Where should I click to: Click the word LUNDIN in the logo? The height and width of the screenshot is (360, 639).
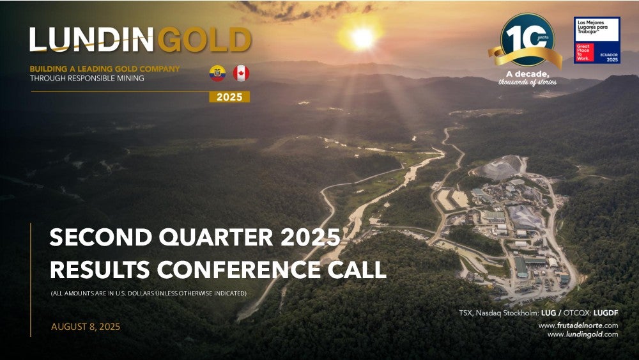pos(91,40)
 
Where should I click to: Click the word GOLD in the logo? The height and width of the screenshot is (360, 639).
pos(204,40)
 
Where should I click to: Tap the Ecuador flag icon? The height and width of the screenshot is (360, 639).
pos(218,74)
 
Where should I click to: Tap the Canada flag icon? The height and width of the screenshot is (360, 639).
pos(242,74)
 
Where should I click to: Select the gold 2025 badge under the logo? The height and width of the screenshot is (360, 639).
pos(229,97)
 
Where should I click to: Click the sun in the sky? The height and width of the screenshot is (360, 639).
pos(362,38)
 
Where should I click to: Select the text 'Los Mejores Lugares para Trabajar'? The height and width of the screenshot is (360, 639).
pos(592,27)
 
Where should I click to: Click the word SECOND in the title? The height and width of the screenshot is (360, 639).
pos(101,237)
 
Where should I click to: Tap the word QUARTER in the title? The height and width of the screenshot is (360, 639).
pos(216,237)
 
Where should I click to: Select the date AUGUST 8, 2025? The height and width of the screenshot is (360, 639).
pos(86,327)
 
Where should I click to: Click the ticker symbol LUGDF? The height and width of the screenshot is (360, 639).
pos(606,313)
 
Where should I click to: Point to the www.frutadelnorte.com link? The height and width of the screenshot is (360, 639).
pos(578,325)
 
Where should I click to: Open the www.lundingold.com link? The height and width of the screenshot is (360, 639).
pos(583,334)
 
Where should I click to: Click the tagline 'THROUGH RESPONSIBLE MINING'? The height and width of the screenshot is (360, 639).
pos(87,78)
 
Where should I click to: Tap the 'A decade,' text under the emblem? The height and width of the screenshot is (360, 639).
pos(528,74)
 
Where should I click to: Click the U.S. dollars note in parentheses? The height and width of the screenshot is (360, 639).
pos(149,293)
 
